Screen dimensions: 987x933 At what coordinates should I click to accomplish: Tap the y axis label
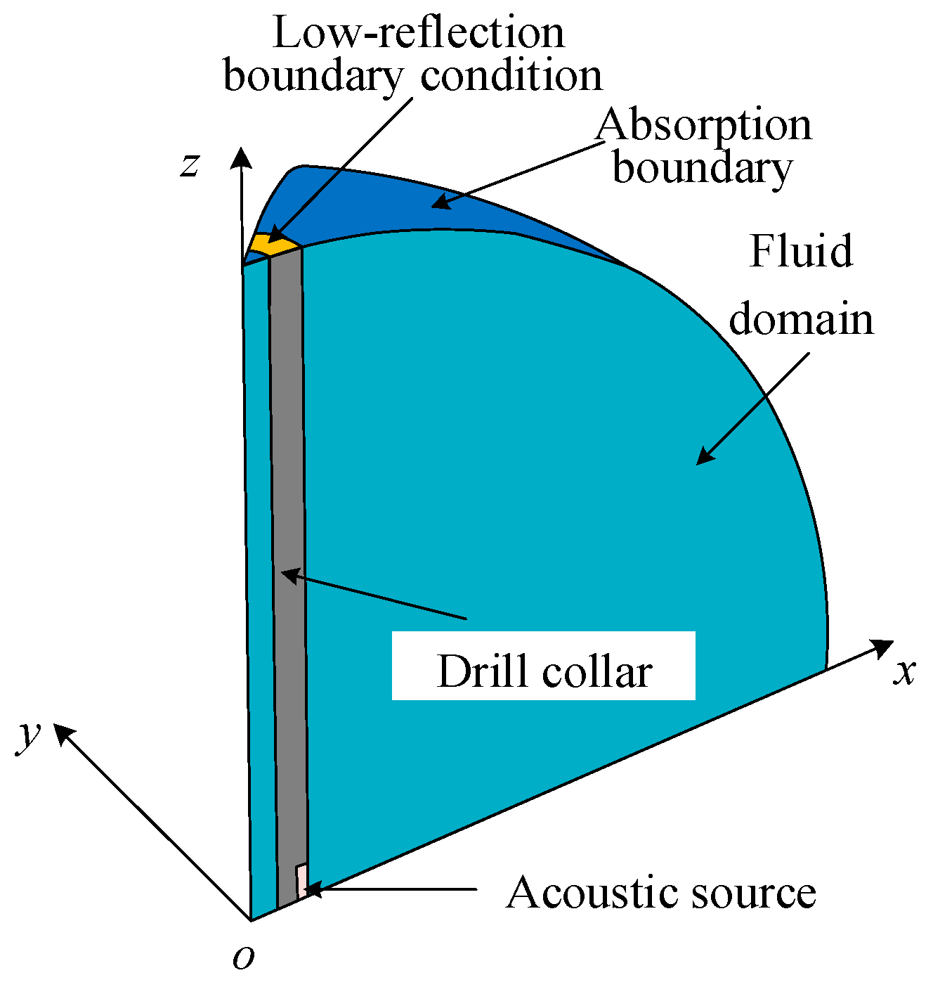29,735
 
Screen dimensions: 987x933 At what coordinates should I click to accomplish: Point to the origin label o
243,957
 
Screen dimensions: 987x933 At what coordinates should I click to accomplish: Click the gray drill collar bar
287,562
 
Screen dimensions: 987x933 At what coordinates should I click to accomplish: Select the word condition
511,75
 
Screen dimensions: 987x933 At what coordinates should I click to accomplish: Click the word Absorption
703,125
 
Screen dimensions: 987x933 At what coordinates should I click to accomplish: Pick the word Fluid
801,251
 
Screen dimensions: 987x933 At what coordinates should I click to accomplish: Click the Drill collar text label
544,671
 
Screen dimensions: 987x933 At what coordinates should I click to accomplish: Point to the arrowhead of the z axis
242,156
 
